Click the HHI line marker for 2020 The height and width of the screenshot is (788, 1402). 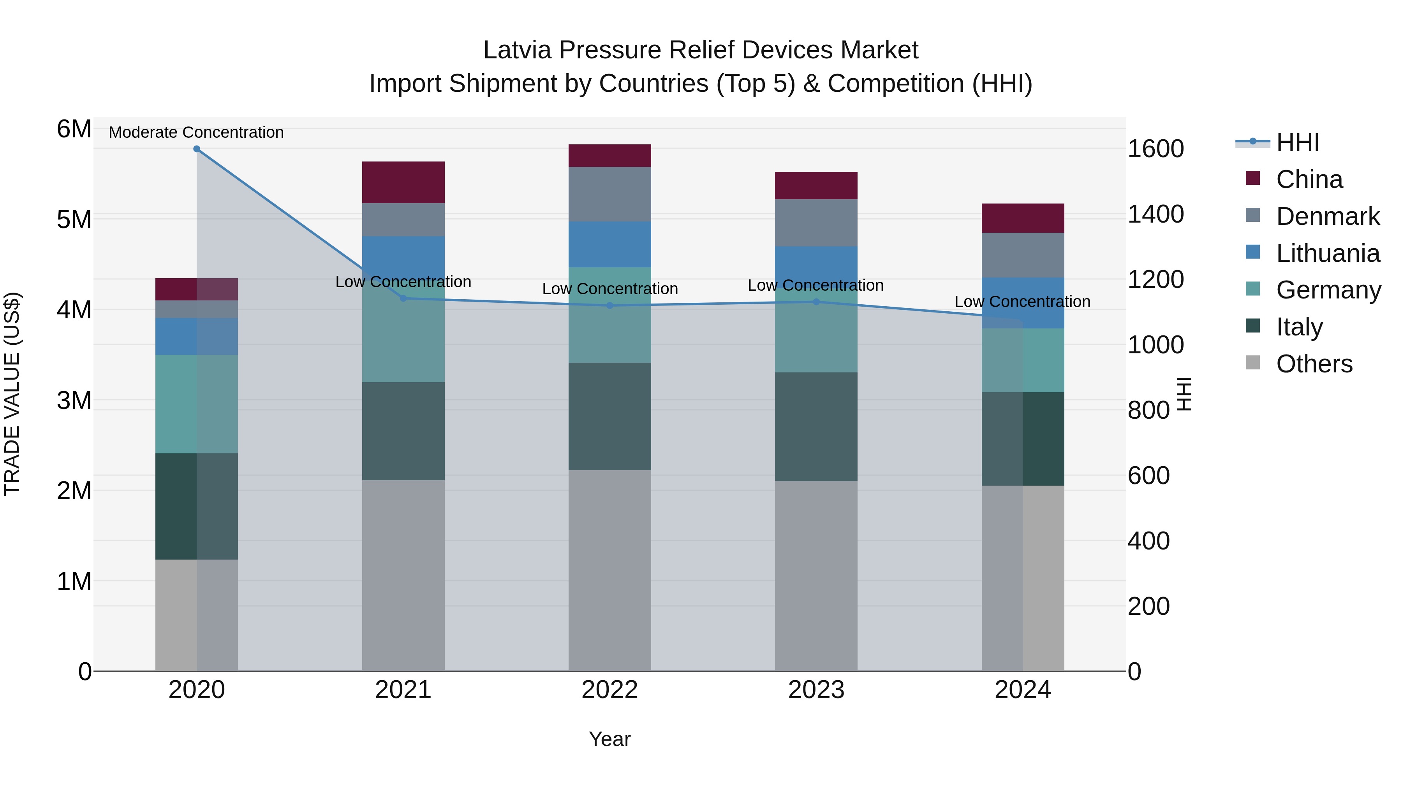197,149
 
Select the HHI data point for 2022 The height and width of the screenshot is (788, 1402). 609,305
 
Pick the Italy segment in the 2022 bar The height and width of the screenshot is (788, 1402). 609,416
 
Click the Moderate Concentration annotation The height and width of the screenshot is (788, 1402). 197,132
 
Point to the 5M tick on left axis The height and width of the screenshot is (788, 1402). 74,220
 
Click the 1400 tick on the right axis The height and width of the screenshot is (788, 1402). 1155,214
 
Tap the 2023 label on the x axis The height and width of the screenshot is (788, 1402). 816,690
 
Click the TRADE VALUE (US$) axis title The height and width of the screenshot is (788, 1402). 12,394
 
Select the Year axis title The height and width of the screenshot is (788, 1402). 609,739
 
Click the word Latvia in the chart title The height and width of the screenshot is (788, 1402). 517,50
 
